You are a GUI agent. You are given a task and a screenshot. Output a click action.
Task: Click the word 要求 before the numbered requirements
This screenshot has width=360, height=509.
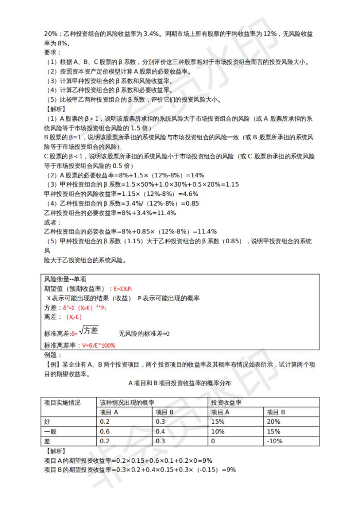[51, 52]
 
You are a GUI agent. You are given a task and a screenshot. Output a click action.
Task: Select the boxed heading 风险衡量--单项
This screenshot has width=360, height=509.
[65, 279]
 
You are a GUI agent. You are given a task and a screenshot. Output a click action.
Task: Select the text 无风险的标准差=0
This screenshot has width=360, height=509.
[144, 334]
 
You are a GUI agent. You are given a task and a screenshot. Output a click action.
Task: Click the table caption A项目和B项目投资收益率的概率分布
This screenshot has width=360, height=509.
[179, 384]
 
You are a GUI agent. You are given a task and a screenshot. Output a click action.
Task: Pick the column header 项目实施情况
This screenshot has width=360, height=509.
[62, 403]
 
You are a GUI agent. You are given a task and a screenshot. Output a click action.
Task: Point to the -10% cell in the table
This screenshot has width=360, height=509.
[275, 441]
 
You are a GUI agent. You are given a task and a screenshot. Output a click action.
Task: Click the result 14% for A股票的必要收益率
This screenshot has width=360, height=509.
[197, 175]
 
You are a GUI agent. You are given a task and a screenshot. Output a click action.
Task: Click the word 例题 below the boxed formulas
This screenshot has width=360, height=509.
[51, 355]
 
